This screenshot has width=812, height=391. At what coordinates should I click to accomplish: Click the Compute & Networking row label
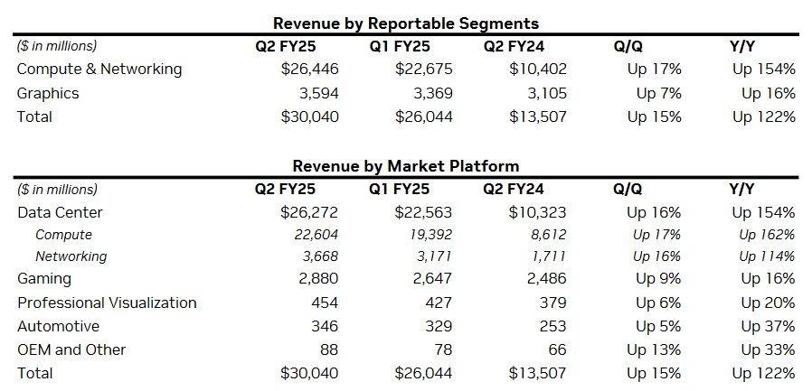(x=99, y=70)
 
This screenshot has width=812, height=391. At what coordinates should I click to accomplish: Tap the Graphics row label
(x=48, y=93)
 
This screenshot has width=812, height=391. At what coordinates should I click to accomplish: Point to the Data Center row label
(x=60, y=213)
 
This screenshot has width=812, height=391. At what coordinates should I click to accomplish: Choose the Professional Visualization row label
(x=107, y=303)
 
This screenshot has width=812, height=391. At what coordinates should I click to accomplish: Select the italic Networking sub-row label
(x=71, y=256)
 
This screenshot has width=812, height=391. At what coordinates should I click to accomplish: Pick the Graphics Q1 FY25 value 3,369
(x=432, y=93)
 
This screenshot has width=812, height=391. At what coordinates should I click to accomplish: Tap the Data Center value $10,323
(x=537, y=213)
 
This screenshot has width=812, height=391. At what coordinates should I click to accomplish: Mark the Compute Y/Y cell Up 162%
(x=767, y=235)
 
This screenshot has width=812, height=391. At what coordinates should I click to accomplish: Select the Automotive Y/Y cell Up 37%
(x=768, y=326)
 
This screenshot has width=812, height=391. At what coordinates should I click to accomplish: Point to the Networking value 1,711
(x=548, y=256)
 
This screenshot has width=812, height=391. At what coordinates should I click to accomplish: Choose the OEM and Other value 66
(x=557, y=349)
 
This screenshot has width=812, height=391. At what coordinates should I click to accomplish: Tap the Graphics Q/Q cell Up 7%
(x=658, y=93)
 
